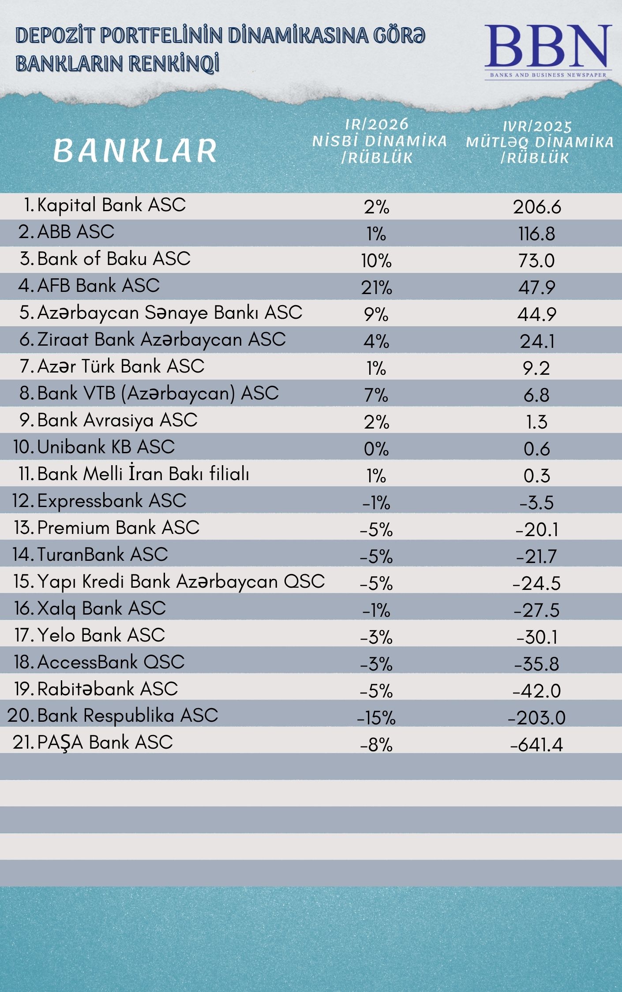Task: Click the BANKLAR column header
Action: point(135,150)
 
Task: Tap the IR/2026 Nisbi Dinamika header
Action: point(378,141)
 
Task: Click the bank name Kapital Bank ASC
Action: point(111,205)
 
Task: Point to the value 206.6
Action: point(537,207)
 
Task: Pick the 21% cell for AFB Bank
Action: point(376,287)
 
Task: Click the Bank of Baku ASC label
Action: point(113,259)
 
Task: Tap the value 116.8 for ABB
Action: point(536,234)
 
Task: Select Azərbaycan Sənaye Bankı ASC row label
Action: point(169,313)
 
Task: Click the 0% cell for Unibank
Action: point(376,449)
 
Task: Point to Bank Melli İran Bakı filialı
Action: point(143,474)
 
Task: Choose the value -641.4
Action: point(536,745)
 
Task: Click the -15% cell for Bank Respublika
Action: point(376,718)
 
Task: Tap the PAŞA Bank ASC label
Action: point(105,742)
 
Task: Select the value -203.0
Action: point(536,718)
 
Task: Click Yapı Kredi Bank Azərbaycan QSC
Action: point(181,582)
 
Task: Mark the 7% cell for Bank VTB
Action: point(376,395)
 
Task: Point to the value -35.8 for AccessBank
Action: point(536,664)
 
